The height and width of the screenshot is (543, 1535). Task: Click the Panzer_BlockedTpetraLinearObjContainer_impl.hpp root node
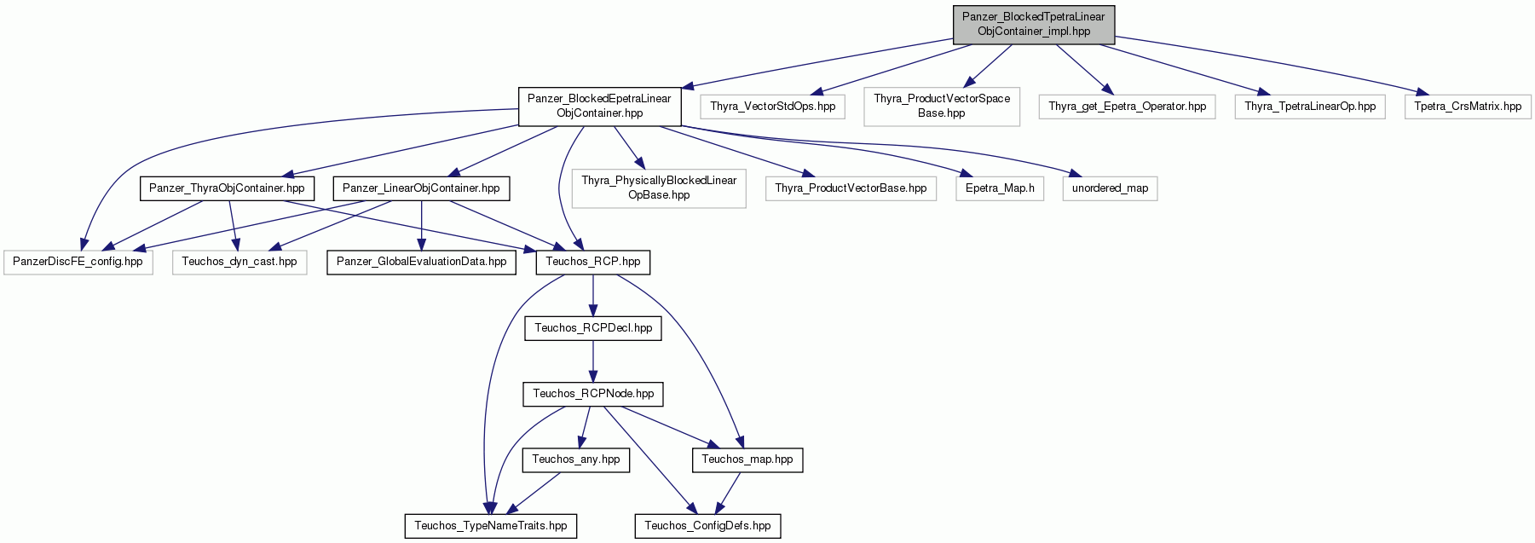coord(1033,24)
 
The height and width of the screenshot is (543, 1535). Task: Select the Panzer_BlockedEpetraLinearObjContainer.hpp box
coord(599,106)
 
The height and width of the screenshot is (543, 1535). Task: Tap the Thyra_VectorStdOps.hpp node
coord(773,107)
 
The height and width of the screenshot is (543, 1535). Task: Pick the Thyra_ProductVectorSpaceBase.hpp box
coord(942,106)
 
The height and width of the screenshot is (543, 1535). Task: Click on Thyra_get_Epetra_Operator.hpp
coord(1128,107)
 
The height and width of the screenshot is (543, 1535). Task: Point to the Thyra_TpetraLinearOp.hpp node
coord(1310,107)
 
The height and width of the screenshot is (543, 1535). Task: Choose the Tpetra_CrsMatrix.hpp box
coord(1468,107)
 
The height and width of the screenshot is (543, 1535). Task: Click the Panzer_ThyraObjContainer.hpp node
coord(227,188)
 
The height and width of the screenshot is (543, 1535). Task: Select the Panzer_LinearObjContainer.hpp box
coord(421,188)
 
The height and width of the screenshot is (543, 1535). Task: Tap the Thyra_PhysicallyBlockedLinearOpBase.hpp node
coord(659,188)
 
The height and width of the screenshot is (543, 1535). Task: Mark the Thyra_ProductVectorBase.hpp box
coord(851,188)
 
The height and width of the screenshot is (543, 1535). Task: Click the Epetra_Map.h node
coord(1000,188)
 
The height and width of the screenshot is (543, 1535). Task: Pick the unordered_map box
coord(1110,188)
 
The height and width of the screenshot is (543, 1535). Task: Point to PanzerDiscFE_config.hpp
coord(78,262)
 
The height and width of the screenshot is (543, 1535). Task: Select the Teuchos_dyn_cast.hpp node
coord(239,262)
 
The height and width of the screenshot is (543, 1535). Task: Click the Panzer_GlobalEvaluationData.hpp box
coord(422,262)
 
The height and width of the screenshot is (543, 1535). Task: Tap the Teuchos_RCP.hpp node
coord(593,262)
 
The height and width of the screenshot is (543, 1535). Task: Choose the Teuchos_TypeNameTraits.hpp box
coord(491,526)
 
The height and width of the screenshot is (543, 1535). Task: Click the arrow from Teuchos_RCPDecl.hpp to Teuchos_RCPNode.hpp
coord(593,361)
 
